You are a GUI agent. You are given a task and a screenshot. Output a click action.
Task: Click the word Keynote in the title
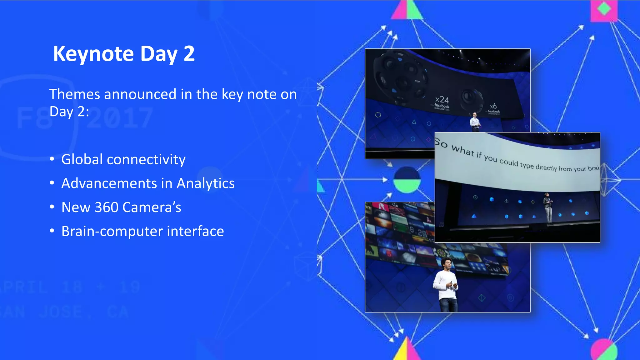[93, 54]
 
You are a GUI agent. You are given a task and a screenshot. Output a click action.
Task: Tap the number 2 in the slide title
[189, 54]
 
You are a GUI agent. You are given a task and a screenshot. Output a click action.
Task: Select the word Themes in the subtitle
[75, 94]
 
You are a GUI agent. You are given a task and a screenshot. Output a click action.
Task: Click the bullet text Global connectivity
[123, 159]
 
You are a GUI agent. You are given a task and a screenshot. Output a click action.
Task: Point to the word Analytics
[206, 183]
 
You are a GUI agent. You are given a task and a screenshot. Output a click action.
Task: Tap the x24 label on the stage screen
[442, 100]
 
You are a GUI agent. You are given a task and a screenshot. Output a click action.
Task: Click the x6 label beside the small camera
[493, 106]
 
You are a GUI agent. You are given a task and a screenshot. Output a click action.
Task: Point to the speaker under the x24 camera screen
[475, 122]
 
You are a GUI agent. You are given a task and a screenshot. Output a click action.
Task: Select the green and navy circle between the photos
[407, 180]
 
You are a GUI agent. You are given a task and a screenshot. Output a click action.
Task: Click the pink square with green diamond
[604, 10]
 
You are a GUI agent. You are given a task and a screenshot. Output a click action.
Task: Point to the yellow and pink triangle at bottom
[406, 350]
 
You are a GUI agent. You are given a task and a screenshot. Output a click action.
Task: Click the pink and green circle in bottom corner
[604, 350]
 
